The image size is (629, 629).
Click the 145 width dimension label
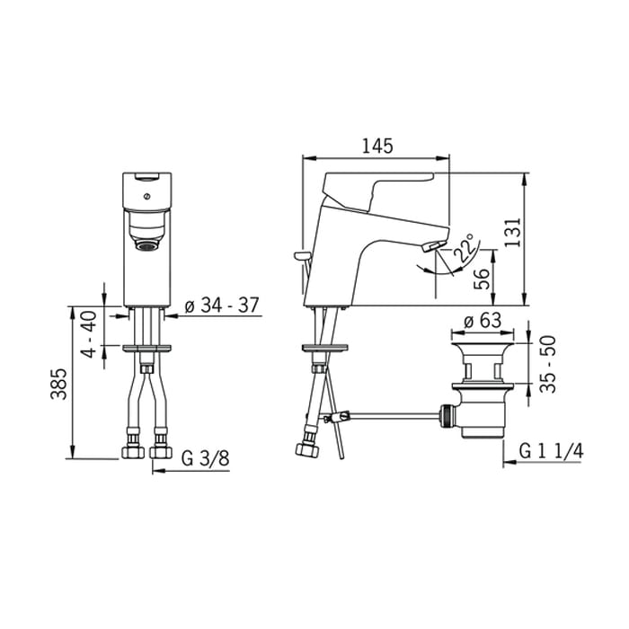(377, 146)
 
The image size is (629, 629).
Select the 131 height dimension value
(513, 232)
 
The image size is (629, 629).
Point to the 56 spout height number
(482, 279)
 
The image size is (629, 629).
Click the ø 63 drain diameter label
(483, 321)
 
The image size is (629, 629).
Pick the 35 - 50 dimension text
(548, 364)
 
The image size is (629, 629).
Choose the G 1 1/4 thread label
(551, 451)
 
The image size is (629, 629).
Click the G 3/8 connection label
(206, 458)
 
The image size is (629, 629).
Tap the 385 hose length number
(58, 384)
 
